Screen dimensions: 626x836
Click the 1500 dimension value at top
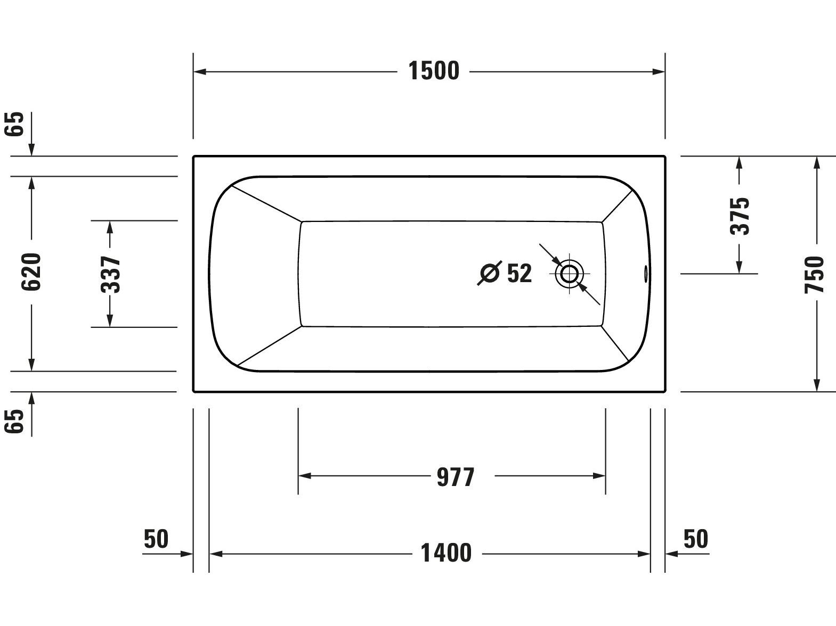click(433, 71)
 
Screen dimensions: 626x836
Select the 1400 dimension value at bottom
click(446, 554)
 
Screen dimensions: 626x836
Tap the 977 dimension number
click(455, 477)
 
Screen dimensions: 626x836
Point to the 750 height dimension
click(815, 274)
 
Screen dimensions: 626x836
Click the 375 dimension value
click(739, 216)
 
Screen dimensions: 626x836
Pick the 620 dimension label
click(31, 272)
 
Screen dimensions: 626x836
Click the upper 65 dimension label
click(16, 124)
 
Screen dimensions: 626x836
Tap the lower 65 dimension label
click(16, 422)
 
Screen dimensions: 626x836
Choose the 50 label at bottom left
click(156, 539)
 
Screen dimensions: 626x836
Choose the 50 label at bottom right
click(696, 539)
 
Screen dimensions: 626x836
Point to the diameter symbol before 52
click(489, 274)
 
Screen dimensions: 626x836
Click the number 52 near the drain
click(519, 274)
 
